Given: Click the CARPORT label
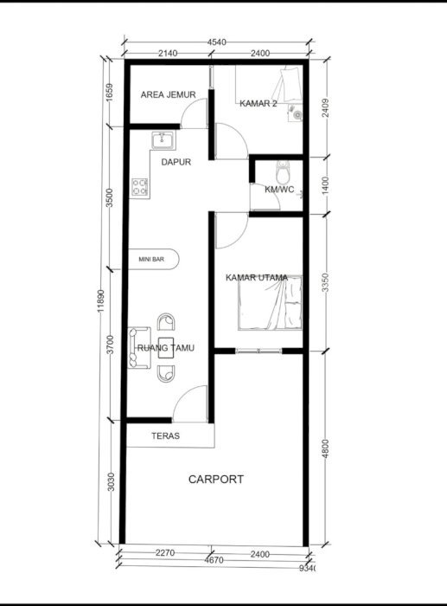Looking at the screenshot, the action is (x=216, y=480).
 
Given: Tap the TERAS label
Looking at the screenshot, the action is (x=166, y=436).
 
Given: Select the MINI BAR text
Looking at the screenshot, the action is (x=151, y=260).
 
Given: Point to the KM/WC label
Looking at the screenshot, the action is (x=279, y=190).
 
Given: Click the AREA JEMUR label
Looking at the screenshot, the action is (x=168, y=94).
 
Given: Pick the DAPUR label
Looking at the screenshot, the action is (x=176, y=162).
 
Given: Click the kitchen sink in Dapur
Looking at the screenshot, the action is (x=163, y=140).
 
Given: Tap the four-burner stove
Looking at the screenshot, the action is (x=140, y=187).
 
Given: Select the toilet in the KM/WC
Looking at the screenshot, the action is (x=283, y=173).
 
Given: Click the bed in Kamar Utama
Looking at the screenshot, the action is (x=270, y=303).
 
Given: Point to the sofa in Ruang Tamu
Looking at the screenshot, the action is (x=139, y=348).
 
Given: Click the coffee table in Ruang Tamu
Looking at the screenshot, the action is (x=166, y=348).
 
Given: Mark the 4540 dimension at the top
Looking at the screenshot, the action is (x=216, y=42).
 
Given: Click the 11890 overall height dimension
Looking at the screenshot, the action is (x=101, y=300).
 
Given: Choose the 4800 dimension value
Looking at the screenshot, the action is (x=326, y=448).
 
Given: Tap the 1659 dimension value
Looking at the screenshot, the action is (x=109, y=93).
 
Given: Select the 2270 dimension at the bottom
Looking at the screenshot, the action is (x=165, y=553).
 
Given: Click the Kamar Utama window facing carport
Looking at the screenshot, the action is (x=259, y=351).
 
